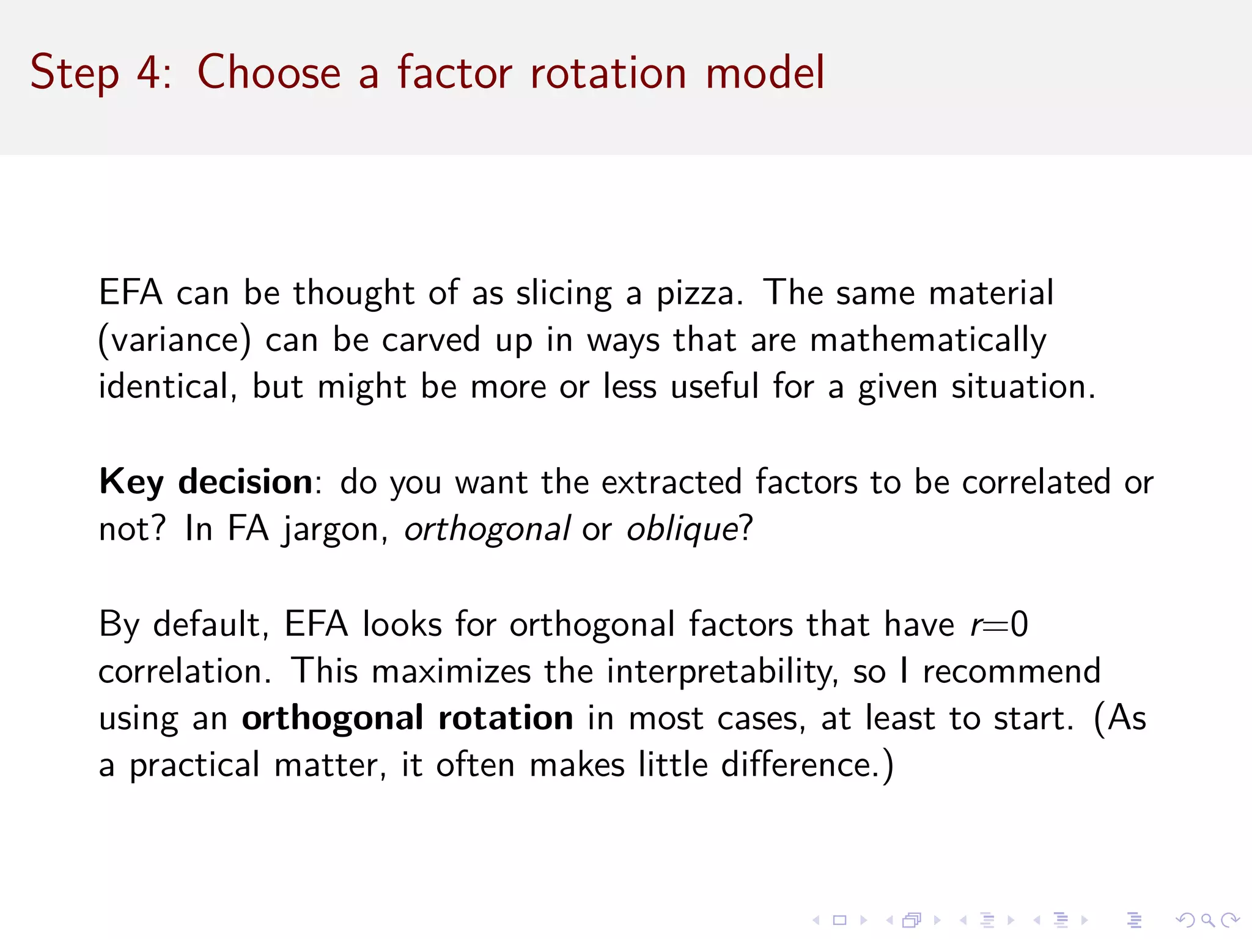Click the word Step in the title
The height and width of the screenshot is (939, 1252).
74,73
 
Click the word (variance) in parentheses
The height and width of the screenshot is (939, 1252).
175,340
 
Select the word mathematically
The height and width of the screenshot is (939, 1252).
927,340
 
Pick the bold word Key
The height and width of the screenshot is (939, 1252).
131,482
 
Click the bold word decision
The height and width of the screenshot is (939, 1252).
246,482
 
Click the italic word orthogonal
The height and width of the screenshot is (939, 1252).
487,529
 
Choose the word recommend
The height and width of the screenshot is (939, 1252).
1012,671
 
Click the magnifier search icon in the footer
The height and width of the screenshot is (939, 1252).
1207,920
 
